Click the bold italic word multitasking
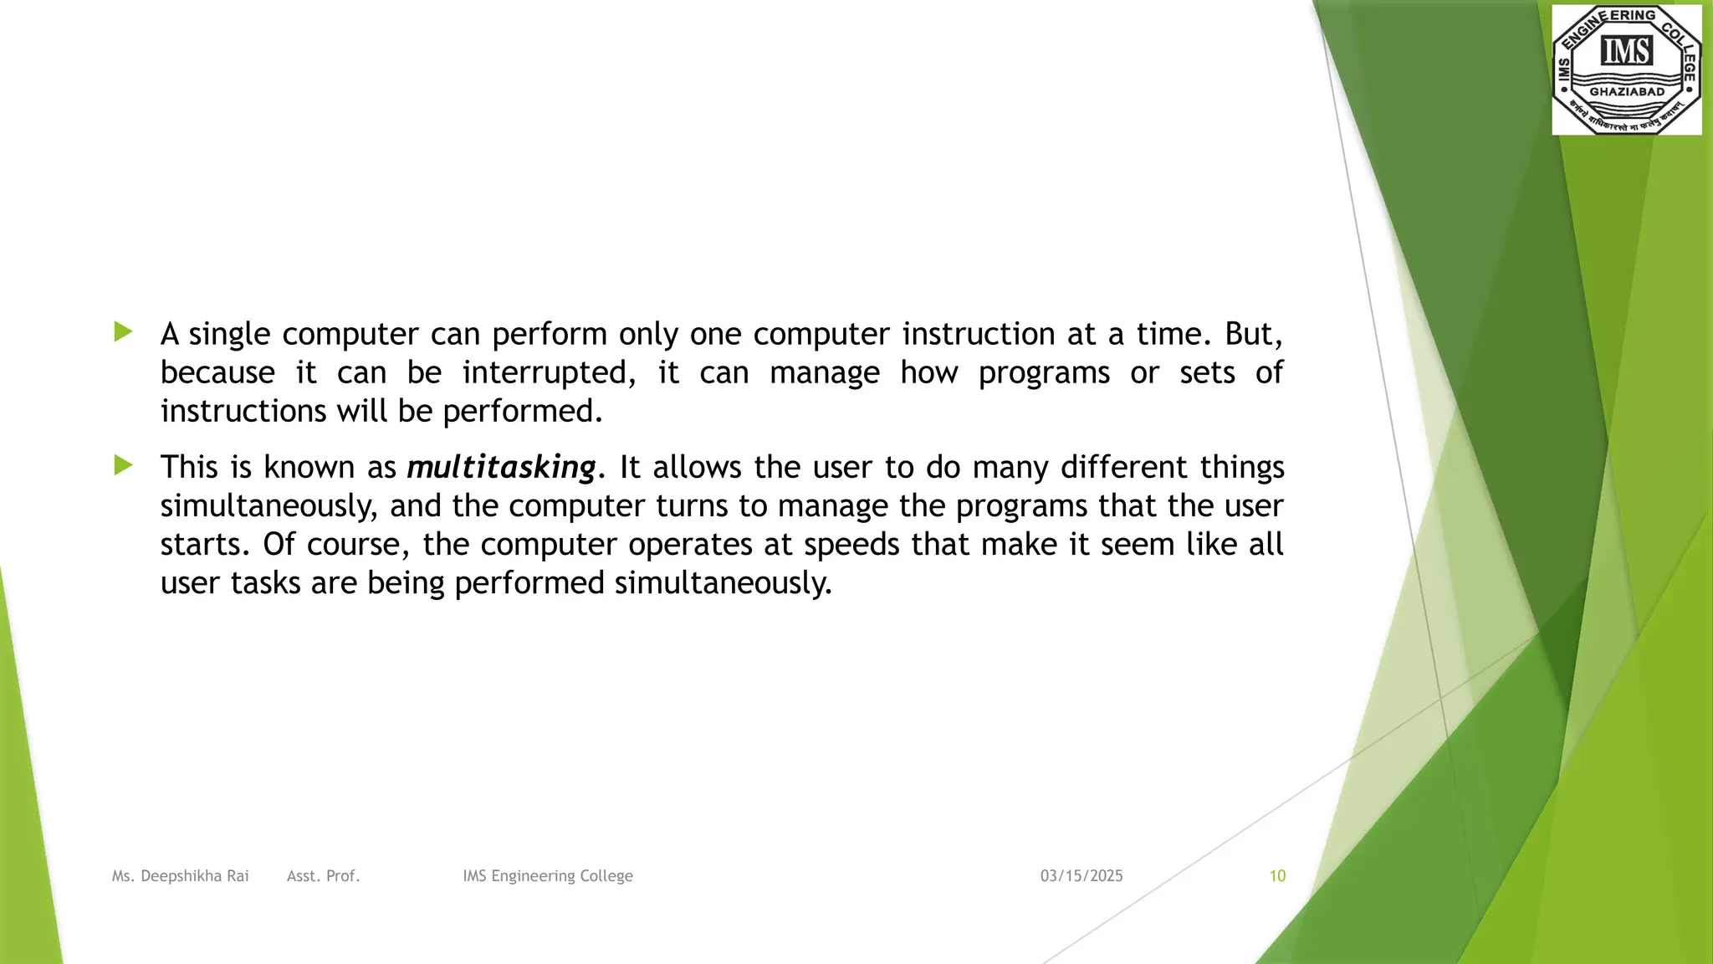(x=501, y=467)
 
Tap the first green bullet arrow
(x=124, y=332)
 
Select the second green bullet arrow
(x=124, y=465)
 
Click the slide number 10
(x=1277, y=876)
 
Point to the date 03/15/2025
(x=1081, y=876)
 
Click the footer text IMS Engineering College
(x=548, y=876)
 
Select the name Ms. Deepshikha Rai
(x=181, y=876)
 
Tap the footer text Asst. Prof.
(x=323, y=876)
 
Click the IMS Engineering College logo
(x=1626, y=69)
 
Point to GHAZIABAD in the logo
(x=1627, y=92)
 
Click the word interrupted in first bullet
(x=549, y=373)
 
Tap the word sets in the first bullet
(x=1207, y=373)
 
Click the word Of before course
(x=279, y=545)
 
